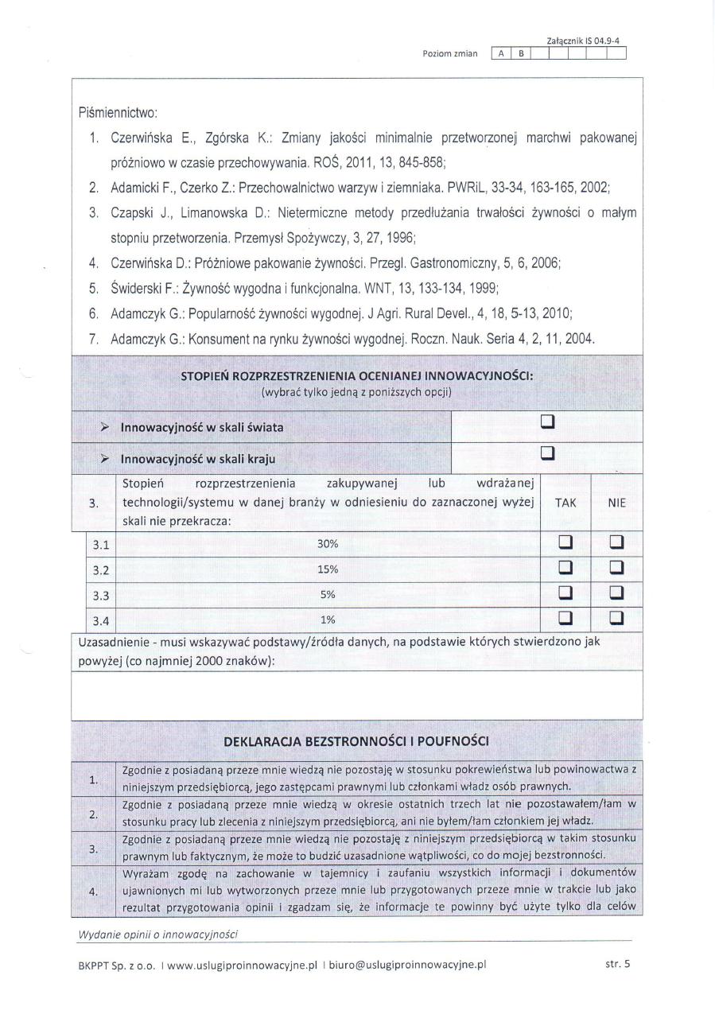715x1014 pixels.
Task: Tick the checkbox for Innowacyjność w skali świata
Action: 547,422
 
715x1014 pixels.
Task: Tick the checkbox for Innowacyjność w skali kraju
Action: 547,453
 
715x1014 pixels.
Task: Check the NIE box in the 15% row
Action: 616,569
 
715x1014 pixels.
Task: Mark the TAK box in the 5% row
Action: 565,593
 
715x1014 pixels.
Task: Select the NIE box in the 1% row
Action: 616,619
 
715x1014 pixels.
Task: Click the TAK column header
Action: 565,503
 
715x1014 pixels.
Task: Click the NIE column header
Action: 616,503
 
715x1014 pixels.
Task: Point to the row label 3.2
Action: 101,569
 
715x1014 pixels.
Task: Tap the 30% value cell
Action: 328,544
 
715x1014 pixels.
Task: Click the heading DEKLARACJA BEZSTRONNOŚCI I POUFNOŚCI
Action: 356,741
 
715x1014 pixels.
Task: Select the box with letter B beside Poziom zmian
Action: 521,54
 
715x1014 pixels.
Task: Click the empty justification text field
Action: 356,694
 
